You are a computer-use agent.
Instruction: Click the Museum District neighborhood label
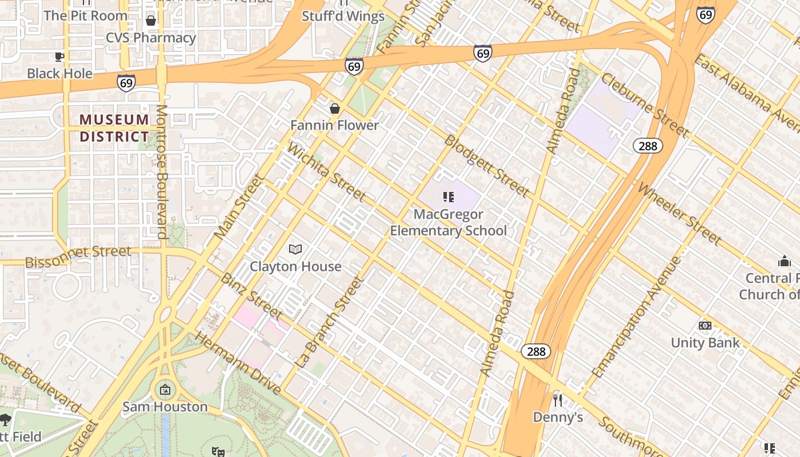[114, 128]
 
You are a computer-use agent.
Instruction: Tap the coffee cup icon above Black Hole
[59, 56]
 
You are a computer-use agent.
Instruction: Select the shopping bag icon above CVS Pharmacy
[151, 21]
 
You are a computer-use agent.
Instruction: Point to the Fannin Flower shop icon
[335, 108]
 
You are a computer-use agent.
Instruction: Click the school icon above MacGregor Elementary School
[449, 197]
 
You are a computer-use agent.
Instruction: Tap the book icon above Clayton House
[295, 249]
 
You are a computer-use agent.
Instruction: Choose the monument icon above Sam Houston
[165, 390]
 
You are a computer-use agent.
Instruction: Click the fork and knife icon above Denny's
[558, 400]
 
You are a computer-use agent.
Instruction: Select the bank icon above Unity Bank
[705, 326]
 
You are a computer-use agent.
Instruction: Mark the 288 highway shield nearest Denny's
[536, 351]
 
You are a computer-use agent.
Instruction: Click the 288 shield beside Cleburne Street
[647, 146]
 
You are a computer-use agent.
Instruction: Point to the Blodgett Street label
[486, 166]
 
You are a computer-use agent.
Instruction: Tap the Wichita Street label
[326, 172]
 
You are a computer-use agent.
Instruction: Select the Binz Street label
[251, 296]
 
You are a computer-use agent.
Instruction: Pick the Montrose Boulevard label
[162, 171]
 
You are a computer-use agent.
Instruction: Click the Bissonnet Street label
[78, 256]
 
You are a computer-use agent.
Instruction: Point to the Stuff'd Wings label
[343, 16]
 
